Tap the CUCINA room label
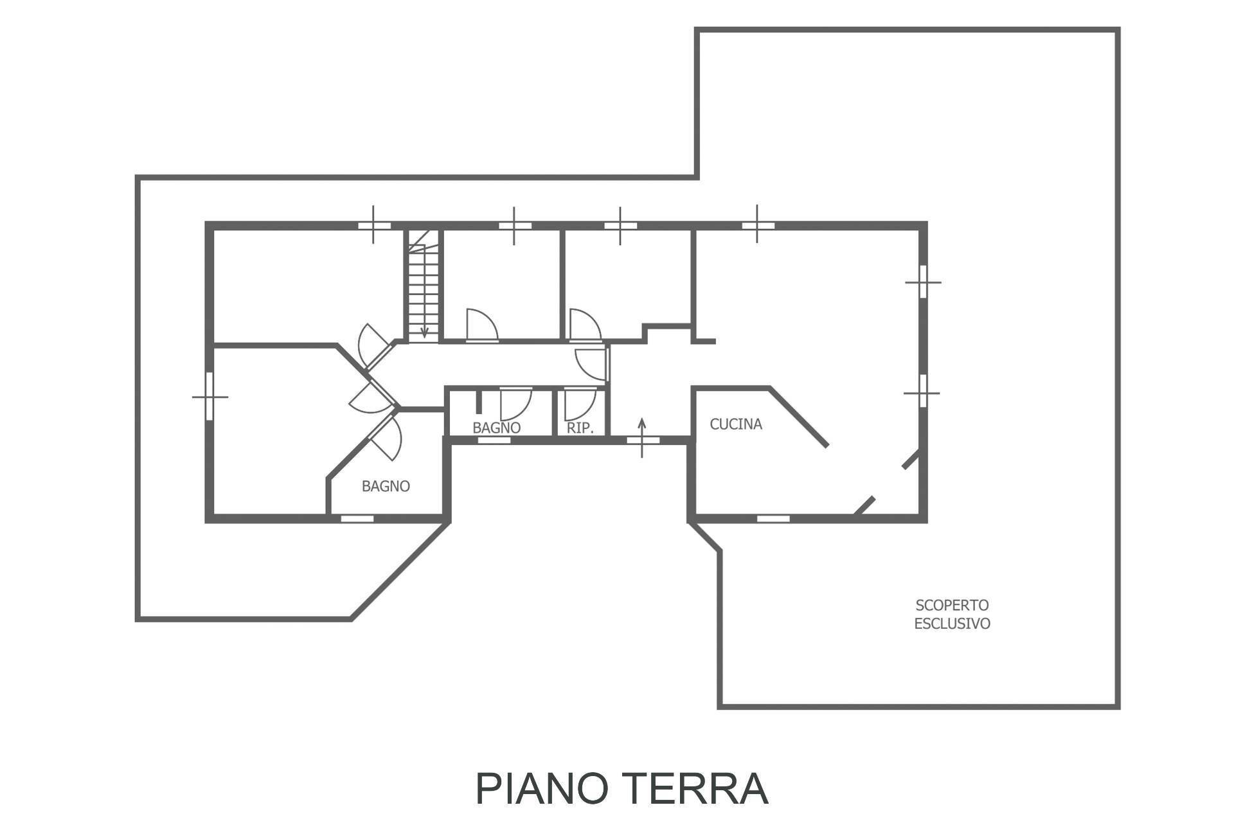[736, 424]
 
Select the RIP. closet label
[580, 428]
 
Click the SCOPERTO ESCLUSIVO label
[952, 614]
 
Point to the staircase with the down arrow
[424, 286]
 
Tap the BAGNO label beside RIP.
[496, 428]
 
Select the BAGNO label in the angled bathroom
[386, 487]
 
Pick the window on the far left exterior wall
[210, 397]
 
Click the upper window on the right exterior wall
[923, 282]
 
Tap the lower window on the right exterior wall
[922, 392]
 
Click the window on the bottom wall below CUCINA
[773, 518]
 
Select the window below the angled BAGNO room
[357, 518]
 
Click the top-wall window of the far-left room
[374, 226]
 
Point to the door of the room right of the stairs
[481, 327]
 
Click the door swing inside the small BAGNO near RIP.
[515, 404]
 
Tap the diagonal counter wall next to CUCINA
[799, 417]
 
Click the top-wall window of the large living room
[758, 225]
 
